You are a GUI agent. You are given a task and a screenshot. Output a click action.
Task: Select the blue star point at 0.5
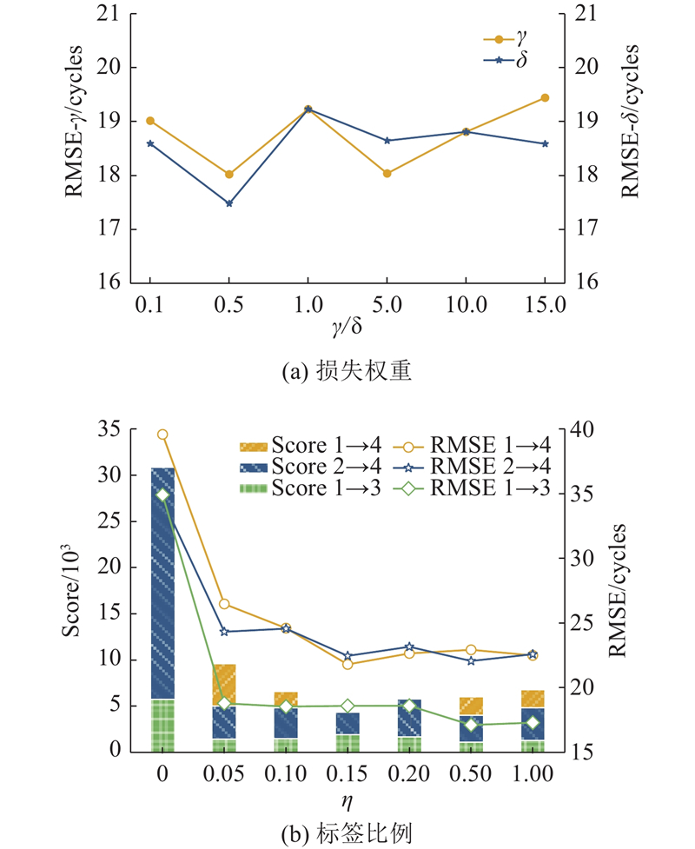(229, 203)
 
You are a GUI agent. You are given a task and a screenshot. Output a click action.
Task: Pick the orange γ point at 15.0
(545, 97)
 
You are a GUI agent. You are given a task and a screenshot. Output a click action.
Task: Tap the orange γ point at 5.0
(387, 174)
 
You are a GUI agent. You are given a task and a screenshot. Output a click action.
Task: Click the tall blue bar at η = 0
(162, 582)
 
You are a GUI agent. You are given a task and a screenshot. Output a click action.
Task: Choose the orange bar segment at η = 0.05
(224, 685)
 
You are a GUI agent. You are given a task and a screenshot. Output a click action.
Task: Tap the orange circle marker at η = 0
(162, 434)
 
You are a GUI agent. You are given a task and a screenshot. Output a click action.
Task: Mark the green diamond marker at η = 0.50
(471, 725)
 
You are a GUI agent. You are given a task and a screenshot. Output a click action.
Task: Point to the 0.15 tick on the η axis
(347, 773)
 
